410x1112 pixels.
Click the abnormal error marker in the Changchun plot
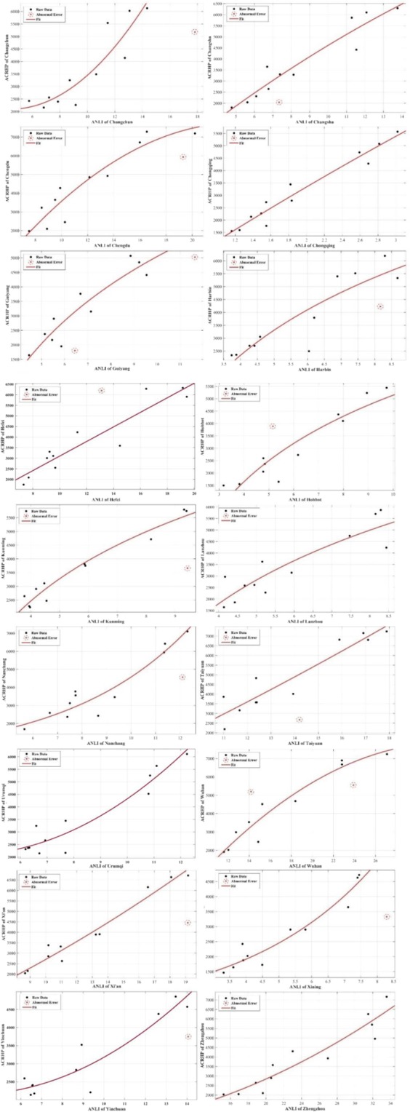[195, 32]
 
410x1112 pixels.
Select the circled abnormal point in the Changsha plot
[278, 103]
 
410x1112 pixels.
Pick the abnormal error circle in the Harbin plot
[379, 307]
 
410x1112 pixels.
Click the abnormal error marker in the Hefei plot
[101, 391]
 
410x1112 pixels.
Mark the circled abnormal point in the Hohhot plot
[273, 426]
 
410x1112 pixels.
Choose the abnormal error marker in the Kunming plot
[188, 568]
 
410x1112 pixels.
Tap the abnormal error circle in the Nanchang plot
[182, 678]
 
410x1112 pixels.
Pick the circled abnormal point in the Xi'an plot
[188, 923]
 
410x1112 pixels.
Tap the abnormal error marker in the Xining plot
[387, 917]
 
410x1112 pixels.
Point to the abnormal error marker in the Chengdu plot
[183, 157]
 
